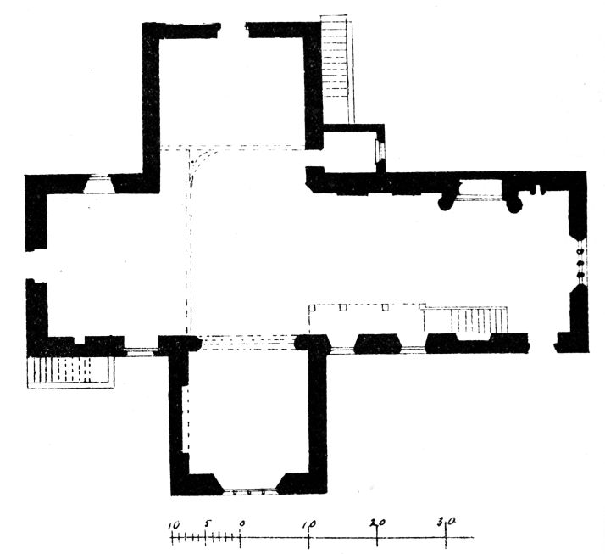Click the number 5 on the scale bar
coord(208,523)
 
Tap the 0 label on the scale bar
coord(241,523)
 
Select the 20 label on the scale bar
coord(377,523)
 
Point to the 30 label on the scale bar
coord(447,523)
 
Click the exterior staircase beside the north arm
coord(337,70)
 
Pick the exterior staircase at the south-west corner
coord(71,372)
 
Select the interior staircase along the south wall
coord(479,320)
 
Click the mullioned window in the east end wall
coord(580,262)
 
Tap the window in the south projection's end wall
coord(249,492)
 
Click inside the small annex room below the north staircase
coord(349,152)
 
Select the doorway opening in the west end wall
coord(36,265)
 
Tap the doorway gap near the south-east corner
coord(541,343)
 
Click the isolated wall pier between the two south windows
coord(378,344)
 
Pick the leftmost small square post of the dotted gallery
coord(312,308)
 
